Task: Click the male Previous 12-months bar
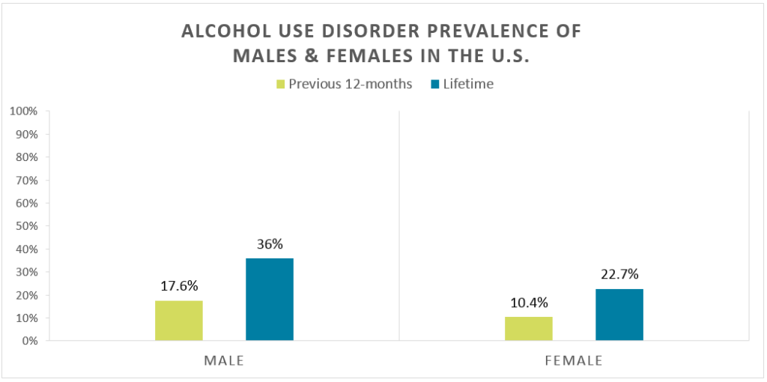(x=179, y=321)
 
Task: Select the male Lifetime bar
(x=270, y=300)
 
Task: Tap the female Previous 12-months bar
(x=529, y=329)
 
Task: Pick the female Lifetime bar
(x=619, y=315)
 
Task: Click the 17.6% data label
(x=179, y=287)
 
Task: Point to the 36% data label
(x=270, y=245)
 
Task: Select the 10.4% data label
(x=529, y=303)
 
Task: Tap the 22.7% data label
(x=619, y=275)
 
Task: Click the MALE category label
(x=225, y=360)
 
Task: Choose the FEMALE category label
(x=575, y=360)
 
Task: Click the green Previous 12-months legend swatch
(x=281, y=84)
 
